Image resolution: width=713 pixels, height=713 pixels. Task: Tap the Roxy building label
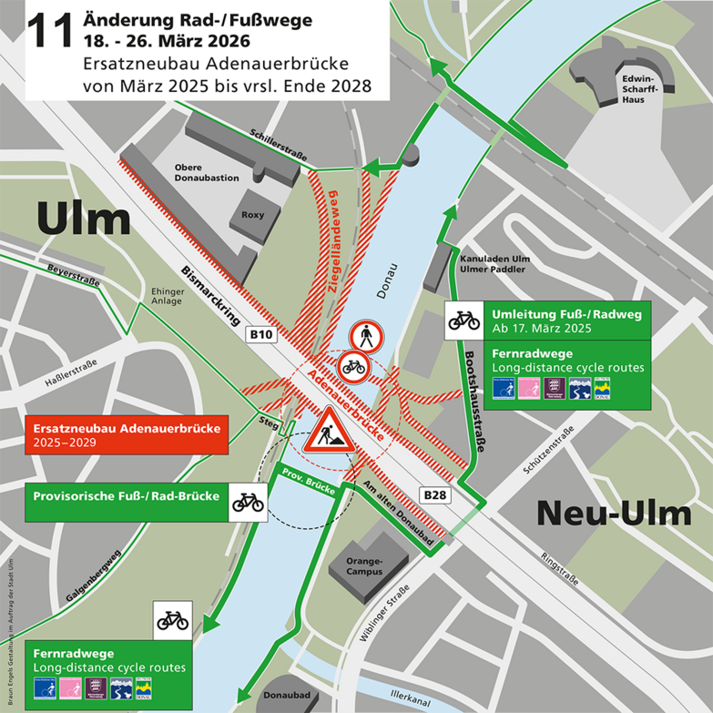(x=252, y=215)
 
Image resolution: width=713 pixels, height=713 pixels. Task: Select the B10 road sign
(x=262, y=335)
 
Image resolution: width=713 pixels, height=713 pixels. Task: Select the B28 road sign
(x=434, y=494)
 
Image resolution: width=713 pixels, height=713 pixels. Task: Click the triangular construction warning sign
(x=327, y=431)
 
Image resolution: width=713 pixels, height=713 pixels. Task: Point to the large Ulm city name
(x=84, y=219)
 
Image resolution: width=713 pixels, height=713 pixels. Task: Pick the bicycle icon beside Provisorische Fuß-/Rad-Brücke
(x=247, y=500)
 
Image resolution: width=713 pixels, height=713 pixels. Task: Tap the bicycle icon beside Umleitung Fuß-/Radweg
(x=463, y=321)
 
